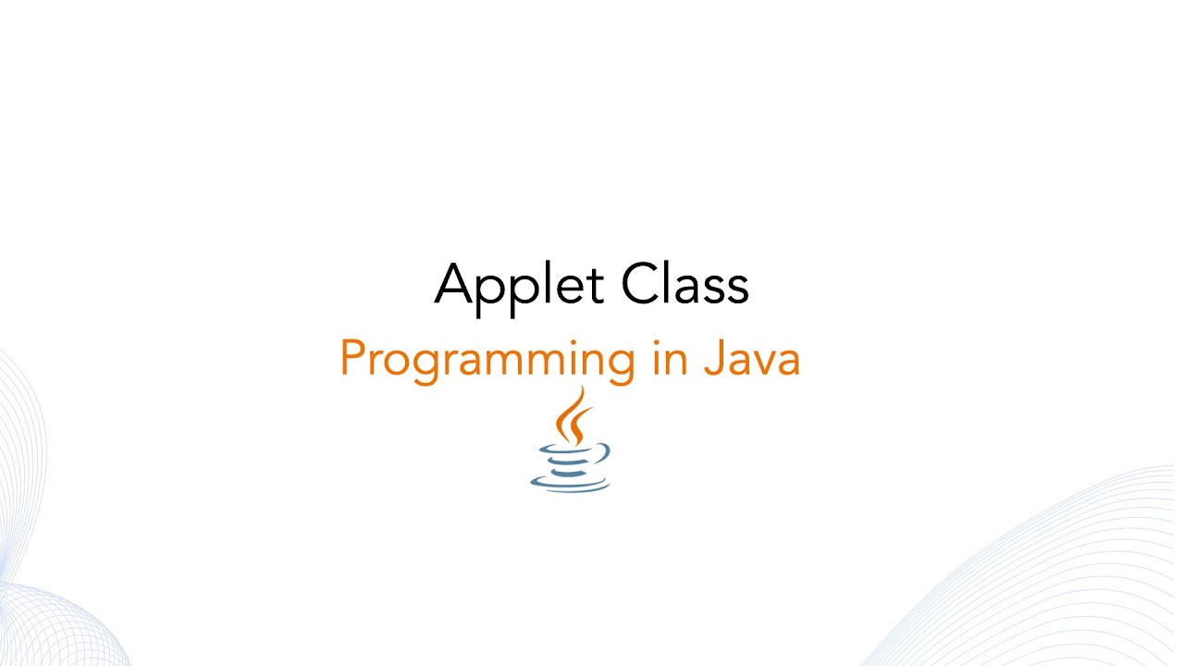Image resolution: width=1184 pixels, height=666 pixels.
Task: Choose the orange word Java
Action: pyautogui.click(x=750, y=358)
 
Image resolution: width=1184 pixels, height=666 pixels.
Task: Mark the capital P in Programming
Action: pyautogui.click(x=351, y=358)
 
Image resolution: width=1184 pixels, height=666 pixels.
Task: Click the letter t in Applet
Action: pyautogui.click(x=598, y=285)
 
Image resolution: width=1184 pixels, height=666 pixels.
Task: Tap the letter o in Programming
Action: pyautogui.click(x=393, y=363)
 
